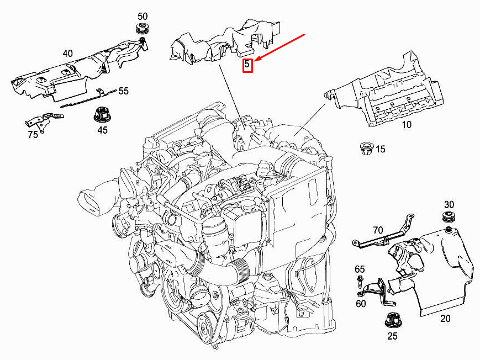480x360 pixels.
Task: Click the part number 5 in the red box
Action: click(247, 65)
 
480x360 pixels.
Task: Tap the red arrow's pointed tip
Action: click(254, 61)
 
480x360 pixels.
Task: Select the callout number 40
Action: click(67, 54)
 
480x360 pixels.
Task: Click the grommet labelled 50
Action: click(143, 28)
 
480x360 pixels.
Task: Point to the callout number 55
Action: click(123, 91)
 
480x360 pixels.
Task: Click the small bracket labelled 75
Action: click(44, 121)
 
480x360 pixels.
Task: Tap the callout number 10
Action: click(407, 125)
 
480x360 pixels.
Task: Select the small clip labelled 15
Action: click(366, 148)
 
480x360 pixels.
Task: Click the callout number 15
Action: click(380, 149)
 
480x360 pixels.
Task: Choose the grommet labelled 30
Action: click(449, 217)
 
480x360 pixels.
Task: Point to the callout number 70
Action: click(378, 230)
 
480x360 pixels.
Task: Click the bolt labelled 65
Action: click(360, 282)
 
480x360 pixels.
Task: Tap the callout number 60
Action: click(361, 303)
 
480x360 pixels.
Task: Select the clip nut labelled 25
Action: click(393, 320)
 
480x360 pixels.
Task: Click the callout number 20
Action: click(445, 319)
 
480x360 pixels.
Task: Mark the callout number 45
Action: click(103, 130)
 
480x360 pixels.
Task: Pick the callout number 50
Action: click(143, 16)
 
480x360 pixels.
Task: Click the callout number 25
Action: click(392, 336)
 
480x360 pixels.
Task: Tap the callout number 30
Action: click(449, 204)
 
